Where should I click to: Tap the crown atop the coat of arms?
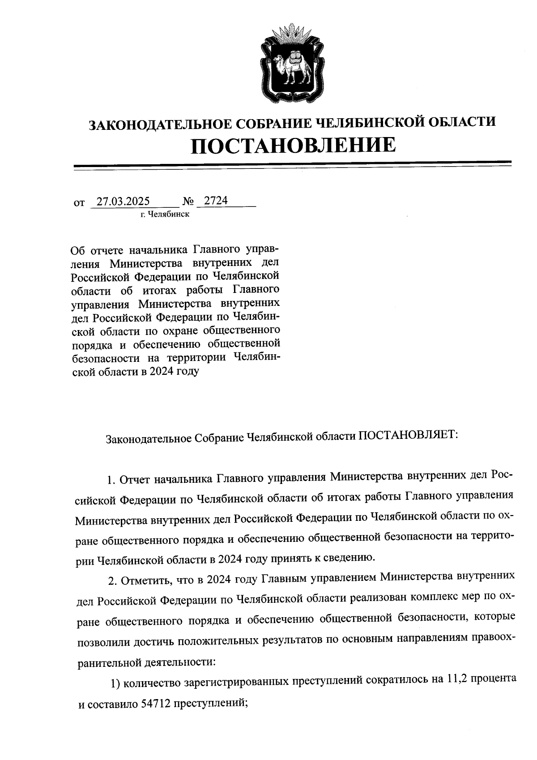pyautogui.click(x=291, y=34)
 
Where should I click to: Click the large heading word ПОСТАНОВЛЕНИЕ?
pyautogui.click(x=294, y=146)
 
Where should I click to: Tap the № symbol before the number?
pyautogui.click(x=188, y=202)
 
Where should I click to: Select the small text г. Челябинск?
pyautogui.click(x=165, y=214)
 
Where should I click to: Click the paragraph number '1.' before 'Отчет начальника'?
pyautogui.click(x=111, y=481)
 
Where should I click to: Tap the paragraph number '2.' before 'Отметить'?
pyautogui.click(x=112, y=581)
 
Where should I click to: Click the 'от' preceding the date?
pyautogui.click(x=79, y=203)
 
